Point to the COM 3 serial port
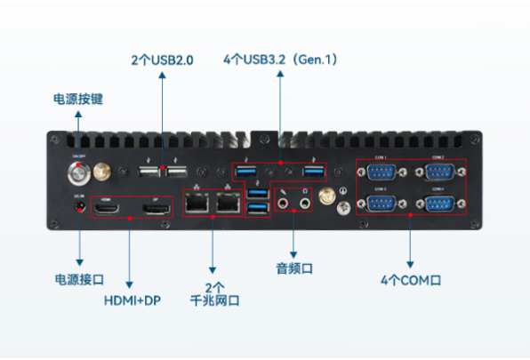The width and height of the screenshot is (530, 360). tap(380, 204)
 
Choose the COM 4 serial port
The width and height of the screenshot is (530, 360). tap(437, 204)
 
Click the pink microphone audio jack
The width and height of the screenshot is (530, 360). tap(285, 204)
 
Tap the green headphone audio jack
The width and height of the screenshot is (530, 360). tap(305, 204)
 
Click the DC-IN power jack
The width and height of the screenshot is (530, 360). tap(80, 207)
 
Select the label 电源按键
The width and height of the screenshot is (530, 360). tap(78, 98)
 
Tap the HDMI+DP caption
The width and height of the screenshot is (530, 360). tap(130, 300)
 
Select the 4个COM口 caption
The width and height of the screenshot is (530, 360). tap(411, 281)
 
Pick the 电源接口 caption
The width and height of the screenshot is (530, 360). tap(80, 280)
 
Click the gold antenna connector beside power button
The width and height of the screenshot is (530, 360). tap(102, 169)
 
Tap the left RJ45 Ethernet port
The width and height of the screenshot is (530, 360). tap(196, 204)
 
